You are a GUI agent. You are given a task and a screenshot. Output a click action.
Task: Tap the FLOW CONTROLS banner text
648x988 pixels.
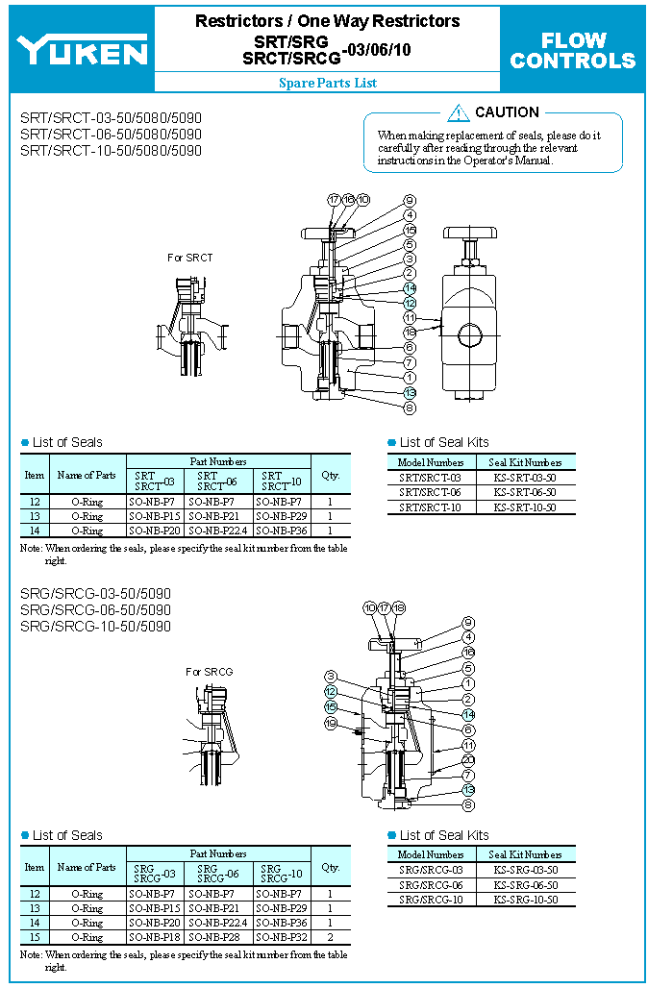click(x=573, y=51)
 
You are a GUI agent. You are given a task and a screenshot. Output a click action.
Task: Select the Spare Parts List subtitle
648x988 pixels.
click(x=328, y=83)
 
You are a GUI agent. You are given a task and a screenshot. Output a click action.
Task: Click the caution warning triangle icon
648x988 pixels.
click(x=459, y=113)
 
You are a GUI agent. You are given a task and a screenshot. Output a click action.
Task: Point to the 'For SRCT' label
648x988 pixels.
click(x=189, y=258)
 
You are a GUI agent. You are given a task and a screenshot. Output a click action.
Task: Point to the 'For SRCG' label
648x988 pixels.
click(x=209, y=672)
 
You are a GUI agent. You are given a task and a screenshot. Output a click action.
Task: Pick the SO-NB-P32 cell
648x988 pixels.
click(x=283, y=936)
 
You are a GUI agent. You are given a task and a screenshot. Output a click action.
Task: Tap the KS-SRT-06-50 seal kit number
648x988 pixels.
click(x=525, y=492)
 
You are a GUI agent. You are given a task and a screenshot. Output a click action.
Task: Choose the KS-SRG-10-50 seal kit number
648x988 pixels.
click(x=525, y=900)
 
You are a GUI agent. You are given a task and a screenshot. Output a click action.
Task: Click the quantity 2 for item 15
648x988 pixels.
click(x=331, y=936)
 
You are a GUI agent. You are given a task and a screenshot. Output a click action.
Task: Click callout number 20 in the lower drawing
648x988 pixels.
click(x=468, y=759)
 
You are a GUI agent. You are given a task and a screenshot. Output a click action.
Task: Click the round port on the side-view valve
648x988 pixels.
click(x=470, y=334)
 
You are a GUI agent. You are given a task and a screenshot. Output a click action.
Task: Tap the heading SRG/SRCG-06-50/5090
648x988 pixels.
click(x=95, y=610)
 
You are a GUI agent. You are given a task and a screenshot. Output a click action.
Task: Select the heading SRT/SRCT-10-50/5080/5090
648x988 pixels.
click(x=111, y=151)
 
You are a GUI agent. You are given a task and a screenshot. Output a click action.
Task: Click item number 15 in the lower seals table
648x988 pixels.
click(x=35, y=936)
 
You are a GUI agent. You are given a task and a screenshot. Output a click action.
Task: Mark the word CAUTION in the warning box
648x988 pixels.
click(x=507, y=112)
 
